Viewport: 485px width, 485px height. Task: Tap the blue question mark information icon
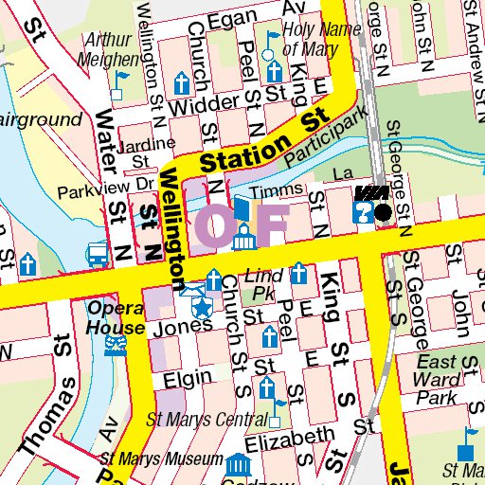point(361,213)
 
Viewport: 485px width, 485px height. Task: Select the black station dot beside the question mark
point(383,213)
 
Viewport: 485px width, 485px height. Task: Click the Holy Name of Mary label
point(321,38)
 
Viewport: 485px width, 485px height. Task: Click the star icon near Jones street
point(202,307)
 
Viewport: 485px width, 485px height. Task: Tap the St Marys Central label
point(207,420)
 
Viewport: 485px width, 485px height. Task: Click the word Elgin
point(187,378)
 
